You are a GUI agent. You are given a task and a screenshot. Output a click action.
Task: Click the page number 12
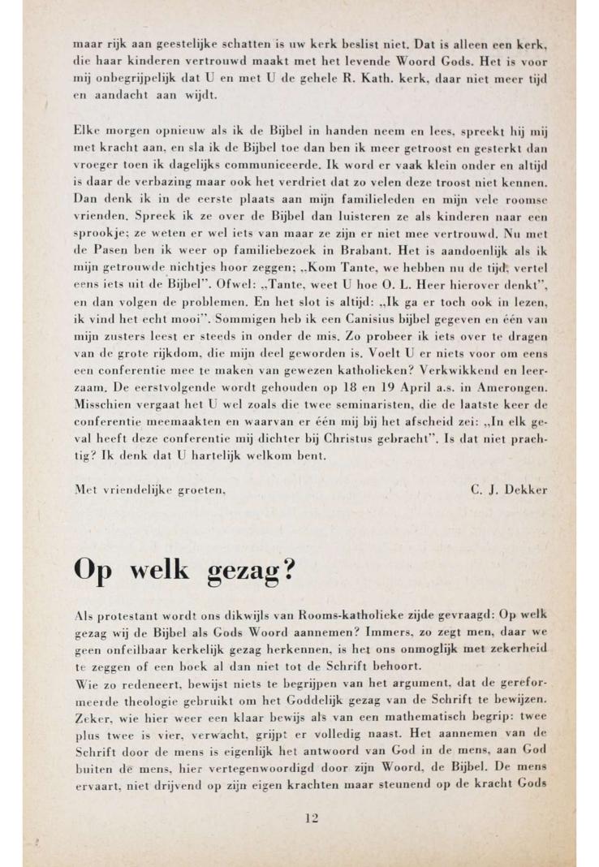pos(311,817)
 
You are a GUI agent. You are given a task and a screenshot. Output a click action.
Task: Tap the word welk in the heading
pos(151,569)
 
